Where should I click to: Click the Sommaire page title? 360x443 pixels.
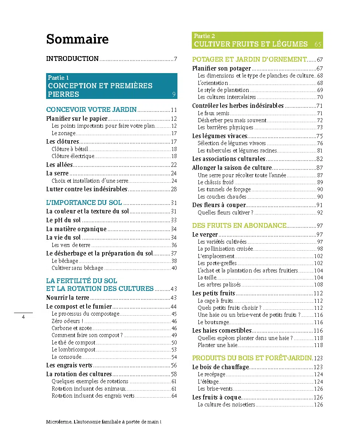(x=77, y=39)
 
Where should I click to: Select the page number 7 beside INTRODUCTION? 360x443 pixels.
(x=176, y=59)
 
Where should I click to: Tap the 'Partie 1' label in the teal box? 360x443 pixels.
(x=58, y=78)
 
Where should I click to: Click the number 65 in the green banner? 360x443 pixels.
(x=318, y=44)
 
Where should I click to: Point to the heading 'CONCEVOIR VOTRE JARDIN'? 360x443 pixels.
(x=91, y=110)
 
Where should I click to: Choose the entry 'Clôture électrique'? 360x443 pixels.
(x=73, y=156)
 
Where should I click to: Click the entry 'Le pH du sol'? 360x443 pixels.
(x=63, y=220)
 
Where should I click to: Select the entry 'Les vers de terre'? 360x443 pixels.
(x=71, y=245)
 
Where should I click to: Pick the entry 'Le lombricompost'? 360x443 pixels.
(x=73, y=350)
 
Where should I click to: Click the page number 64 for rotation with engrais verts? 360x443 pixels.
(x=174, y=396)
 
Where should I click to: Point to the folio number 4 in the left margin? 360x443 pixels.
(x=23, y=317)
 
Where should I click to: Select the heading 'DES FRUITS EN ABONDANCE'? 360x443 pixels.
(x=239, y=226)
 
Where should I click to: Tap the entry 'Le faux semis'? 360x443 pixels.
(x=214, y=113)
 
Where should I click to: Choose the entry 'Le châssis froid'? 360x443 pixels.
(x=215, y=182)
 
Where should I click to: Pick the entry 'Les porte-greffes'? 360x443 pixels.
(x=217, y=263)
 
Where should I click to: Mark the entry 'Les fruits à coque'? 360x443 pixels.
(x=217, y=397)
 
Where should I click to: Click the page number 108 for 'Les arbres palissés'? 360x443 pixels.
(x=318, y=285)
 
